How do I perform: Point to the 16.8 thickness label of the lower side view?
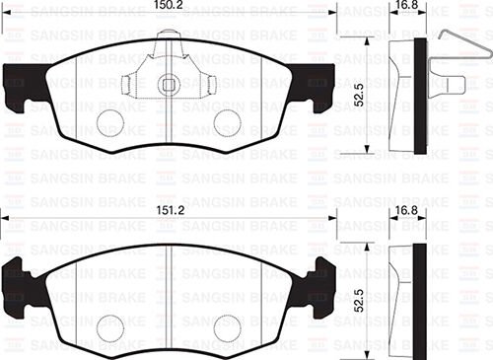pos(406,210)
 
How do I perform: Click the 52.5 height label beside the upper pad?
pos(362,97)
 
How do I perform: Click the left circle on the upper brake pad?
pos(111,122)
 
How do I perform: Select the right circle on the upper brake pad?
pos(227,122)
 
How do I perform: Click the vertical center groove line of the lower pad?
pos(170,296)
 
